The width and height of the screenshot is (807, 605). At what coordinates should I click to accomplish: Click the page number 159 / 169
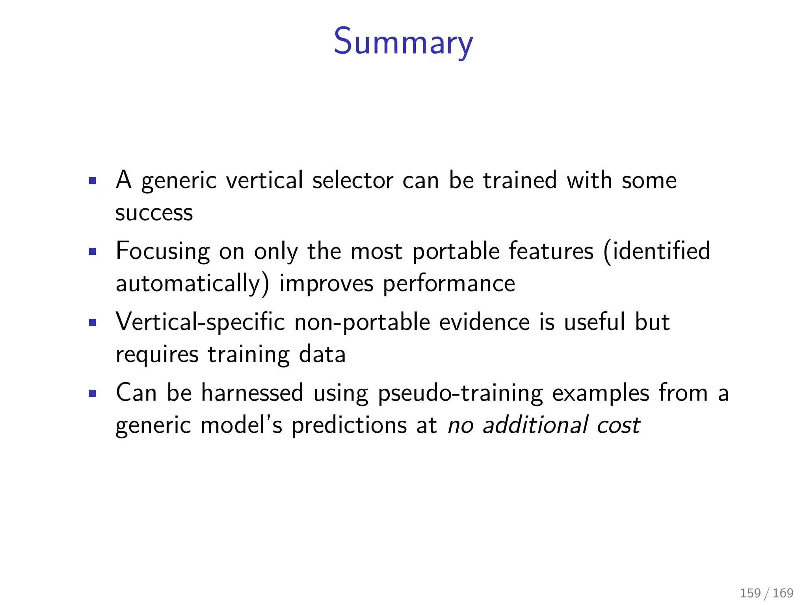click(x=766, y=593)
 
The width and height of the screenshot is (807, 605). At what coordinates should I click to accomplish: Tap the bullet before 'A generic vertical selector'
click(x=93, y=181)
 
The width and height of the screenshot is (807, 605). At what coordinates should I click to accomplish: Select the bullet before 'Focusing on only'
click(x=93, y=252)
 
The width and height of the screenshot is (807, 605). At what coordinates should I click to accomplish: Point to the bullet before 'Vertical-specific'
click(x=93, y=323)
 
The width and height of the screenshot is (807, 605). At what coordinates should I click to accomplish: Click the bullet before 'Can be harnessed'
click(x=93, y=393)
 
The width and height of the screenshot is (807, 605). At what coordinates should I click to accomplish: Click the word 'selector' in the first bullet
click(x=353, y=181)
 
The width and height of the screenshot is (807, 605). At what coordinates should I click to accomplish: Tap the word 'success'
click(x=154, y=213)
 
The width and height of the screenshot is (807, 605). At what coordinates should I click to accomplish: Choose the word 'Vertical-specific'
click(x=200, y=323)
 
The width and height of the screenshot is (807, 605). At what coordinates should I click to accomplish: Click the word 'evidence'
click(x=484, y=322)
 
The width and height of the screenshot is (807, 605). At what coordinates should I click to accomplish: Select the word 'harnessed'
click(x=252, y=393)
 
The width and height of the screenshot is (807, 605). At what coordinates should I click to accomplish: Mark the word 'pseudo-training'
click(x=460, y=393)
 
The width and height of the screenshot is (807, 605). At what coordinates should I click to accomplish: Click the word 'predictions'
click(x=349, y=425)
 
